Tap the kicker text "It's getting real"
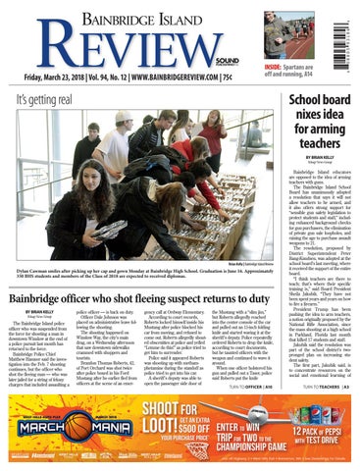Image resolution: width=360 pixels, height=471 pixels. pos(39,102)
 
